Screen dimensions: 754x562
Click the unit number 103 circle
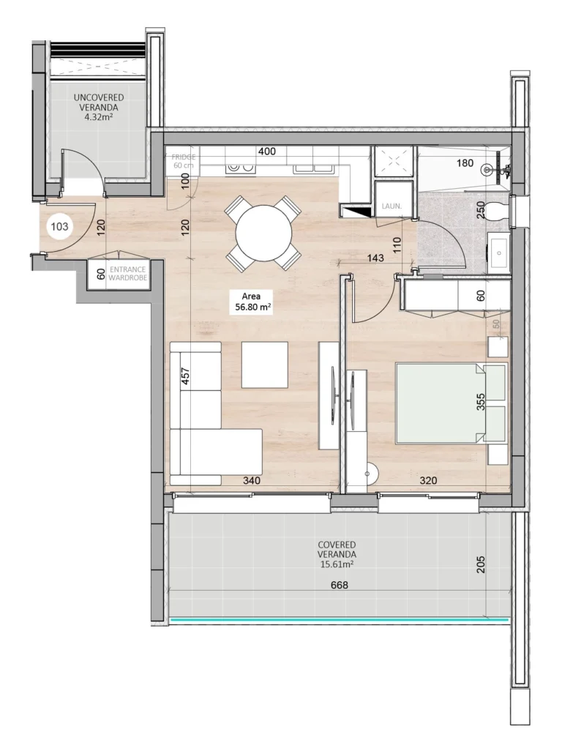point(59,227)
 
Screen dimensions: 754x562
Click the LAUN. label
point(391,207)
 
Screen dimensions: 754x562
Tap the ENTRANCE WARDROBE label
point(128,274)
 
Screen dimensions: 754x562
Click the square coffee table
point(264,365)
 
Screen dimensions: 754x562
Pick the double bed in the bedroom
point(450,403)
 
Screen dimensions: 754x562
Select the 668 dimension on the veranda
point(338,585)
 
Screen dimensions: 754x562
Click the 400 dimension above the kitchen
point(266,152)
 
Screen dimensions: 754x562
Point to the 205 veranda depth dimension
point(481,564)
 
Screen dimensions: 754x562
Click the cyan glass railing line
point(338,621)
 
